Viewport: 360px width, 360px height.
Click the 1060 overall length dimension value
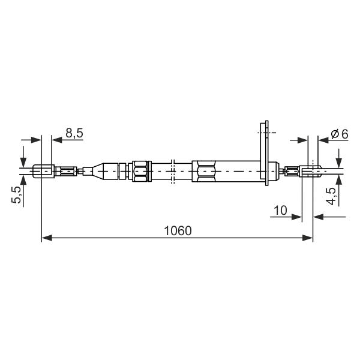(x=178, y=231)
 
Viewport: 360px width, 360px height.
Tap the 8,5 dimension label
(x=74, y=133)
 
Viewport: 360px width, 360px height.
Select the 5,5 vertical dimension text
(x=16, y=194)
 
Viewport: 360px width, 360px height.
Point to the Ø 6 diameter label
(x=340, y=134)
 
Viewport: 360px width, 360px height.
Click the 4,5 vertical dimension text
(x=331, y=196)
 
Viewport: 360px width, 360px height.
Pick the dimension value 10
(x=280, y=211)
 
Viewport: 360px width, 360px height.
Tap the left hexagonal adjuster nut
(x=140, y=171)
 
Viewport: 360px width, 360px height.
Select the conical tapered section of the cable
(x=98, y=171)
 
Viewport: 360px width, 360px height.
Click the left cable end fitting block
(x=44, y=171)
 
